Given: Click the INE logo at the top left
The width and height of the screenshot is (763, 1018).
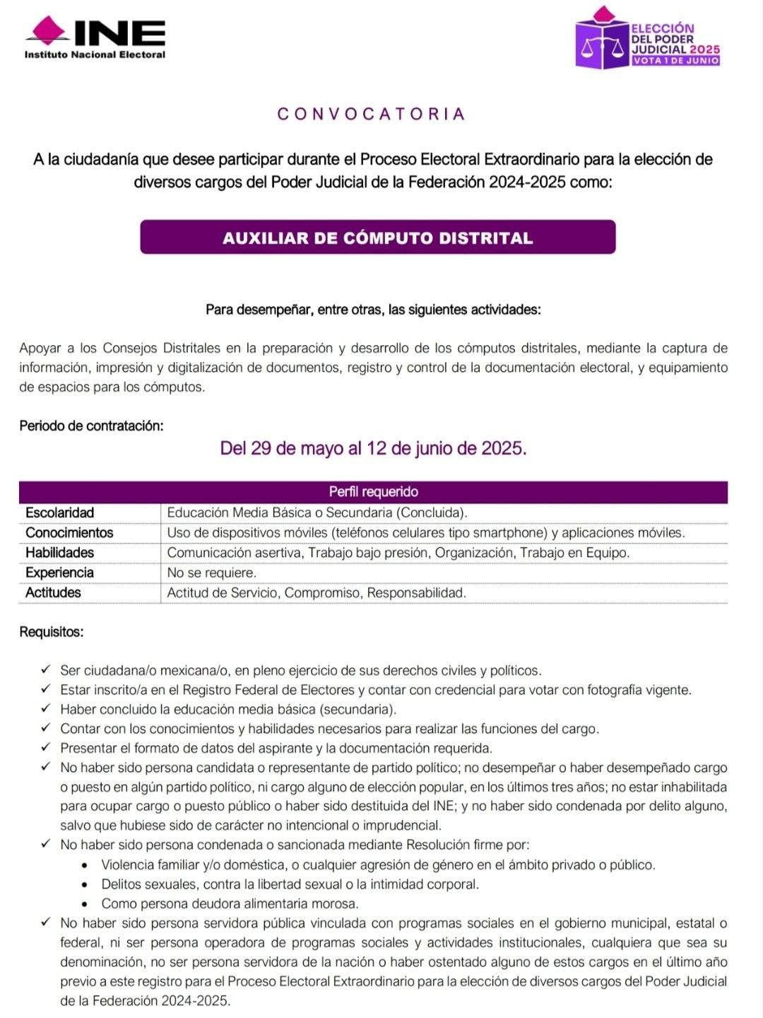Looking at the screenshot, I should (x=95, y=37).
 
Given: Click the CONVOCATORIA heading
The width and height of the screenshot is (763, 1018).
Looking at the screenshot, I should (x=372, y=115).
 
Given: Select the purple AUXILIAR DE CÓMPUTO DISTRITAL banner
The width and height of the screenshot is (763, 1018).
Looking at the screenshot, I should (x=377, y=238).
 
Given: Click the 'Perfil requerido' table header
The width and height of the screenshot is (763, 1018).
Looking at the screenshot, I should (x=373, y=491).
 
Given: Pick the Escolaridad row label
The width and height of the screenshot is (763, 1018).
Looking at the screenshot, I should (x=60, y=513).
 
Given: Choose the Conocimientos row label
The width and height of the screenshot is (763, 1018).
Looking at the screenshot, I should (x=69, y=532).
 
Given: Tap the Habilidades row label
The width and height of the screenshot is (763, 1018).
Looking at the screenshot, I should (x=60, y=552).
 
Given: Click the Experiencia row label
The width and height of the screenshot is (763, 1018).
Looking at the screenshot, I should (x=60, y=573).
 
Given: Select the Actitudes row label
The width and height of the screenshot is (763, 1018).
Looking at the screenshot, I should (x=53, y=592).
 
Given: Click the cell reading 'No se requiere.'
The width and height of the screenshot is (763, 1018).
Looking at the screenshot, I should (x=212, y=573).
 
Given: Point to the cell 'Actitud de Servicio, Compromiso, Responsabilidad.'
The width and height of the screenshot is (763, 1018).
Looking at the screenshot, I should (x=317, y=592).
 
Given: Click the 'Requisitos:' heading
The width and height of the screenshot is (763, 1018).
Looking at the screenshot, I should (x=52, y=632).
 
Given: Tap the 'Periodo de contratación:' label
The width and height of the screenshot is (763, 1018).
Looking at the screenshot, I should (x=91, y=426).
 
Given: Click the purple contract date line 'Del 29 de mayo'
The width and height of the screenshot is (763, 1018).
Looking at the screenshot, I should (x=373, y=448).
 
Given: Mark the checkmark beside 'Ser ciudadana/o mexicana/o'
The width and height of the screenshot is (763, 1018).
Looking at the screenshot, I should (x=46, y=669).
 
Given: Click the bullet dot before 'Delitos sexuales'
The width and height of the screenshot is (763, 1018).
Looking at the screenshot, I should (x=85, y=884).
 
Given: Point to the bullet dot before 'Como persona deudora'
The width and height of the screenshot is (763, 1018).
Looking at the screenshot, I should (x=85, y=903).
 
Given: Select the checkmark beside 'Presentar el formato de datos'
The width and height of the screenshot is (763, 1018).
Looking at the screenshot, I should (x=46, y=747).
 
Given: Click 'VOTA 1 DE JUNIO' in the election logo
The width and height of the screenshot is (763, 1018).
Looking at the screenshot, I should (x=676, y=61).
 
